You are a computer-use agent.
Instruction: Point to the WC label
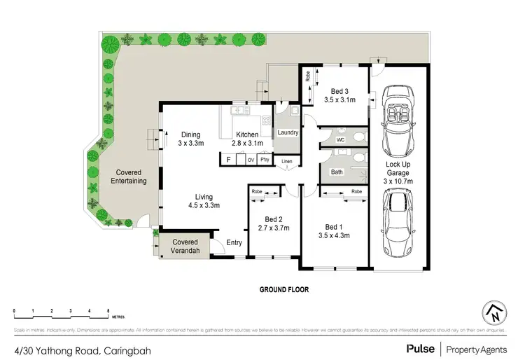(x=341, y=140)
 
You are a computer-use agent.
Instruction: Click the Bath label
(x=337, y=172)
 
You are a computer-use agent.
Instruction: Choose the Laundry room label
(x=288, y=132)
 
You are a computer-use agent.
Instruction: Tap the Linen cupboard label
(x=287, y=162)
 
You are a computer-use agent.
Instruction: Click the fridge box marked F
(x=229, y=160)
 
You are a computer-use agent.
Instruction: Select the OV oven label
(x=250, y=160)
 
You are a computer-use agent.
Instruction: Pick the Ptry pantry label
(x=265, y=160)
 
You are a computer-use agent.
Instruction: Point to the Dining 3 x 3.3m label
(x=191, y=139)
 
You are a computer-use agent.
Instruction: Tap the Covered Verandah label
(x=186, y=247)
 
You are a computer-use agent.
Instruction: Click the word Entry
(x=233, y=244)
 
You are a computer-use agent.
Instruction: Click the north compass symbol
(x=494, y=313)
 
